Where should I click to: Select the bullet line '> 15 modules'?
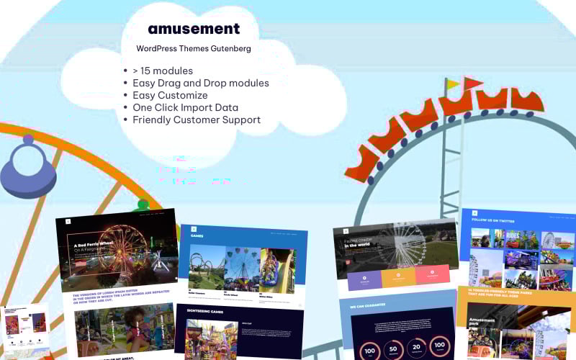tap(163, 71)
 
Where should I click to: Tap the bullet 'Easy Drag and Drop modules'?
tap(200, 83)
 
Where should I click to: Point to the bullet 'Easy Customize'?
tap(170, 95)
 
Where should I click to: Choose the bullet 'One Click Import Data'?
tap(185, 107)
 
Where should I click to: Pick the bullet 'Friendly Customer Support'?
tap(197, 120)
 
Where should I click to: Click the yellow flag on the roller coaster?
tap(453, 85)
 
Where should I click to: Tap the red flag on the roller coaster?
tap(473, 82)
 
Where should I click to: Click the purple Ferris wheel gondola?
tap(27, 168)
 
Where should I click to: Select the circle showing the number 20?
tap(417, 346)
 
